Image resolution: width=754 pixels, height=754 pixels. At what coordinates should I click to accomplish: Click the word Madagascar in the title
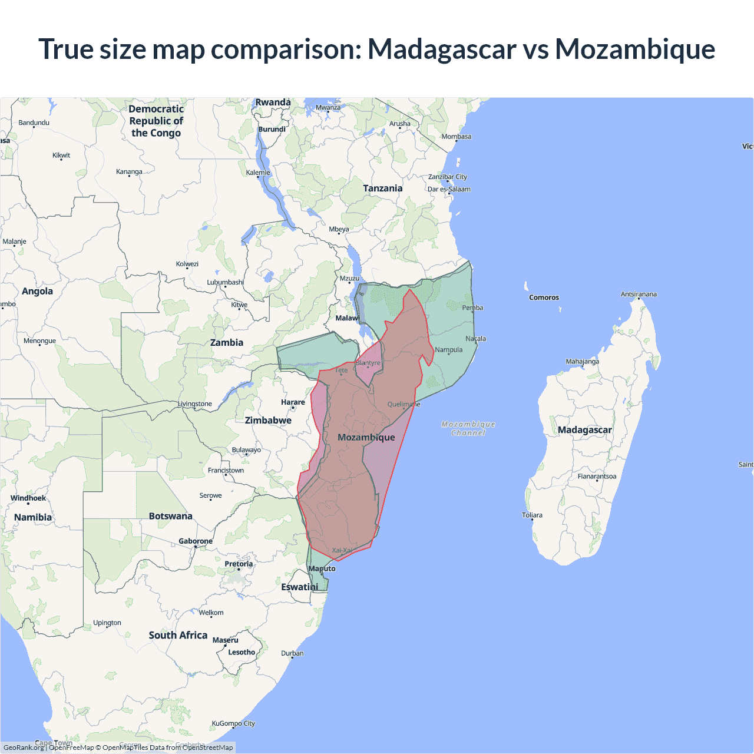pyautogui.click(x=442, y=49)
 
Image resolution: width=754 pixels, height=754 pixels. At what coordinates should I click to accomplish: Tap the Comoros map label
pyautogui.click(x=544, y=297)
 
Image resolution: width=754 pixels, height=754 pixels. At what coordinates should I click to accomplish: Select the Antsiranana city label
pyautogui.click(x=639, y=294)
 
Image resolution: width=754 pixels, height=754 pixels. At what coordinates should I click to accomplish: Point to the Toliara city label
pyautogui.click(x=532, y=515)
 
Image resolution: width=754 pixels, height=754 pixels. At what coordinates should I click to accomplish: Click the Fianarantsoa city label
pyautogui.click(x=597, y=476)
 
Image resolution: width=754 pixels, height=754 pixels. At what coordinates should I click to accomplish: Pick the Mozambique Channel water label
pyautogui.click(x=468, y=428)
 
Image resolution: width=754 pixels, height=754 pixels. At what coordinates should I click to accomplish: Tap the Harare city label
pyautogui.click(x=293, y=402)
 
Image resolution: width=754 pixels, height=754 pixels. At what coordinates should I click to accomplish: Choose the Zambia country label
pyautogui.click(x=227, y=342)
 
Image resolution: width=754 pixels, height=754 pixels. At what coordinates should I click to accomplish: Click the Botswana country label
pyautogui.click(x=170, y=516)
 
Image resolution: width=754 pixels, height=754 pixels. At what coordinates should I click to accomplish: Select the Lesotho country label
pyautogui.click(x=242, y=652)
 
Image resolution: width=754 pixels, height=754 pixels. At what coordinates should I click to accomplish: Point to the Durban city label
pyautogui.click(x=292, y=653)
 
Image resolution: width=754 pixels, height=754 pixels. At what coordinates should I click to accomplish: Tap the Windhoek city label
pyautogui.click(x=28, y=498)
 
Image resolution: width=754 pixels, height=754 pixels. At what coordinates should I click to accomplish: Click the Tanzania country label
pyautogui.click(x=382, y=188)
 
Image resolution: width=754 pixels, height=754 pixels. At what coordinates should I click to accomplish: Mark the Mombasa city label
pyautogui.click(x=457, y=136)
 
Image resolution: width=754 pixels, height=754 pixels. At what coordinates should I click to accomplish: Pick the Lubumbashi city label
pyautogui.click(x=225, y=282)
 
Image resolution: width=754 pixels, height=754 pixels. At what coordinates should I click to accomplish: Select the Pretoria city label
pyautogui.click(x=239, y=564)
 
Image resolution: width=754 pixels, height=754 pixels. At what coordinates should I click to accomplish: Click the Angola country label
pyautogui.click(x=37, y=291)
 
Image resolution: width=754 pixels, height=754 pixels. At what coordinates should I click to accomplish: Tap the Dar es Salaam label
pyautogui.click(x=449, y=189)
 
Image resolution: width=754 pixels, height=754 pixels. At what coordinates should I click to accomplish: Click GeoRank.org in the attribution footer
pyautogui.click(x=24, y=748)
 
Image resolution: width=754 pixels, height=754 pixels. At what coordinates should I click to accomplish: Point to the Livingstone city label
pyautogui.click(x=195, y=404)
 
